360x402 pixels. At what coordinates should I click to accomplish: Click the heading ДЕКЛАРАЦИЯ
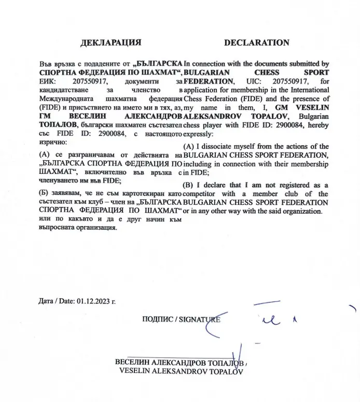coord(110,43)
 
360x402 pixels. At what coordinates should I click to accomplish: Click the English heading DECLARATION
coord(257,43)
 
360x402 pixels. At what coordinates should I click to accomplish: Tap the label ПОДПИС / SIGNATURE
coord(181,320)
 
